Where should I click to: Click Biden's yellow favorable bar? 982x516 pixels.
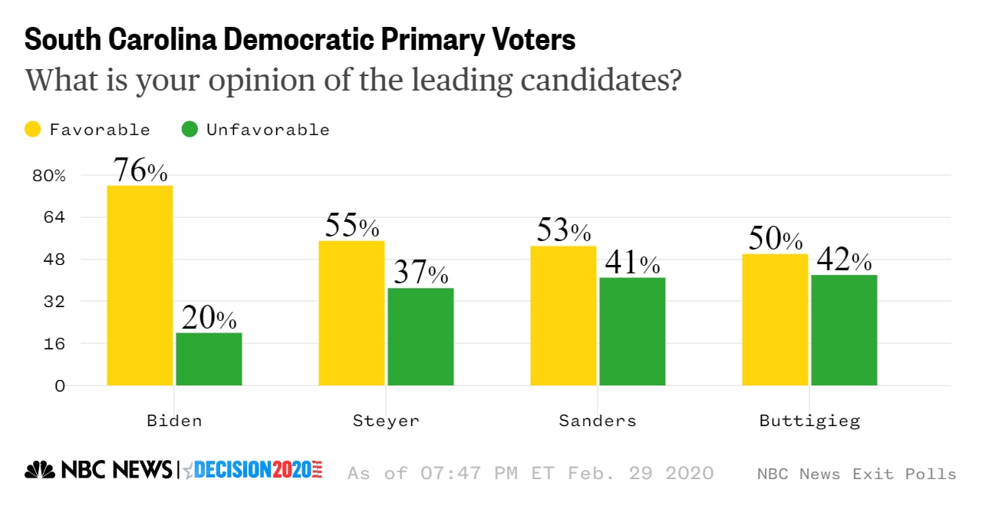140,286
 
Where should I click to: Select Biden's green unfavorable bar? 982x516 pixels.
209,359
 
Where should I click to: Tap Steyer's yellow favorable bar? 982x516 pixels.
351,313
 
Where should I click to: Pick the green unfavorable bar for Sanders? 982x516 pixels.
632,331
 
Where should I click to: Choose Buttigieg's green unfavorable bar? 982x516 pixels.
844,330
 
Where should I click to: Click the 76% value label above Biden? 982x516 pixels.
140,171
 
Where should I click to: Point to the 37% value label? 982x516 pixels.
420,273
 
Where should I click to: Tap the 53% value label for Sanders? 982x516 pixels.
563,231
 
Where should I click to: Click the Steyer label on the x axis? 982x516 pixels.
386,421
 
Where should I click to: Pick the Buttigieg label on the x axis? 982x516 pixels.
809,421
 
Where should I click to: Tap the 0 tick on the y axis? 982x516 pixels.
60,385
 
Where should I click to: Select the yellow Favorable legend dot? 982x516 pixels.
33,129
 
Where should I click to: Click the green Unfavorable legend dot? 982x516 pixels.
189,129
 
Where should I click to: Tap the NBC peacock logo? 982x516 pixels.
41,470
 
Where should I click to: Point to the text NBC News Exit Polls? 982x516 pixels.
856,474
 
